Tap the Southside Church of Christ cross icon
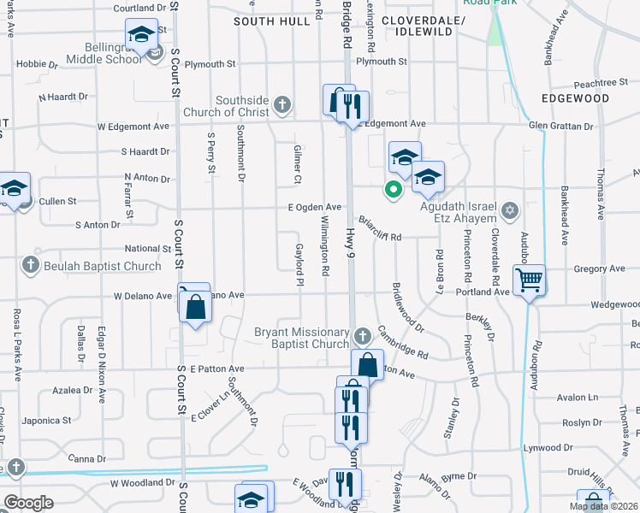pyautogui.click(x=283, y=106)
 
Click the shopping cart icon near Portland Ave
pyautogui.click(x=530, y=279)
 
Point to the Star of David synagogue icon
pyautogui.click(x=510, y=210)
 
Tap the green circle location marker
pyautogui.click(x=394, y=190)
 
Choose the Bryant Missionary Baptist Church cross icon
pyautogui.click(x=362, y=334)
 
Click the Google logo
pyautogui.click(x=27, y=502)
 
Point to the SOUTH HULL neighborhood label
pyautogui.click(x=271, y=21)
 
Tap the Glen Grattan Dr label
pyautogui.click(x=560, y=126)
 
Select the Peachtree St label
pyautogui.click(x=601, y=82)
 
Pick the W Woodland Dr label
pyautogui.click(x=138, y=482)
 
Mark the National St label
pyautogui.click(x=130, y=249)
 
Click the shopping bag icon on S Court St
pyautogui.click(x=195, y=304)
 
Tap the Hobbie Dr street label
pyautogui.click(x=37, y=63)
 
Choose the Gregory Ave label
pyautogui.click(x=599, y=268)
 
